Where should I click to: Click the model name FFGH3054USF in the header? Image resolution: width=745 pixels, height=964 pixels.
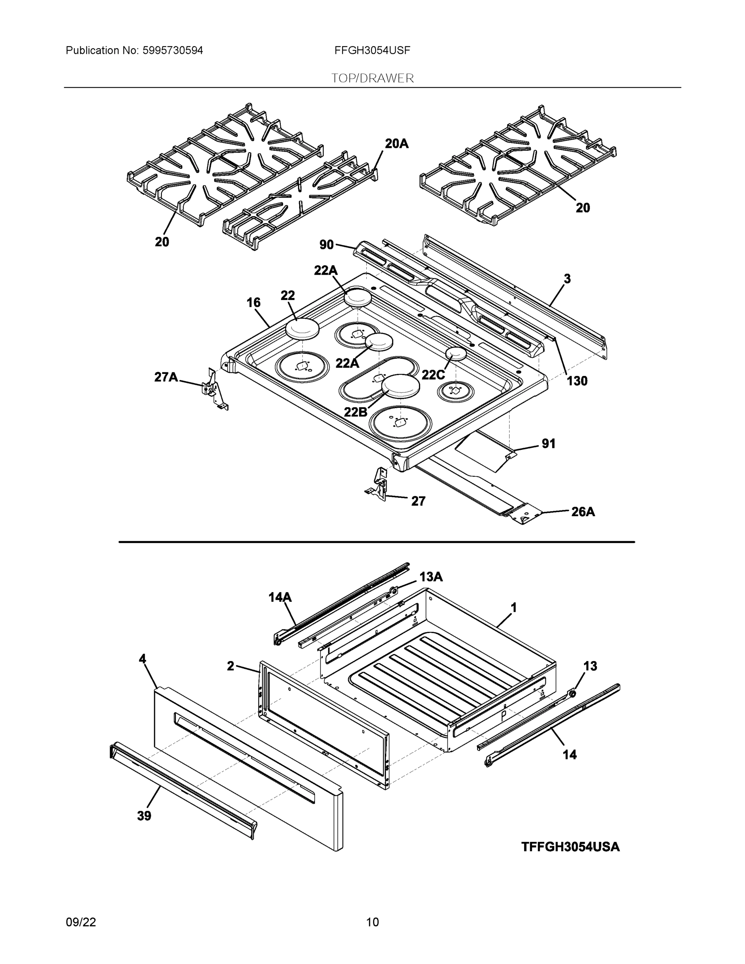[372, 50]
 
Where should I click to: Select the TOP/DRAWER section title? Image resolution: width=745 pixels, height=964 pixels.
[372, 79]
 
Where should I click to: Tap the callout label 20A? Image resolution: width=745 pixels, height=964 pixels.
[396, 143]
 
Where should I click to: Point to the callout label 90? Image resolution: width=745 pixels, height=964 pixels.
[326, 245]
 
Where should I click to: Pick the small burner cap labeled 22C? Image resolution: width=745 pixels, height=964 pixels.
[456, 353]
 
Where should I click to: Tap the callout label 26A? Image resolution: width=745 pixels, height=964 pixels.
[583, 512]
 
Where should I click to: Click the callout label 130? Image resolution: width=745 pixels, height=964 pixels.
[577, 380]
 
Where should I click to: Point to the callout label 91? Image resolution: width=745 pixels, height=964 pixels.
[548, 443]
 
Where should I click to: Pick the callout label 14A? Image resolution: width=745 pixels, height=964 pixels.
[280, 597]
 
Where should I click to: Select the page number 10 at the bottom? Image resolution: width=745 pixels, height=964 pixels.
[372, 922]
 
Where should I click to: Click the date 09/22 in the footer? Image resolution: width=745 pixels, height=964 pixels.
[81, 922]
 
